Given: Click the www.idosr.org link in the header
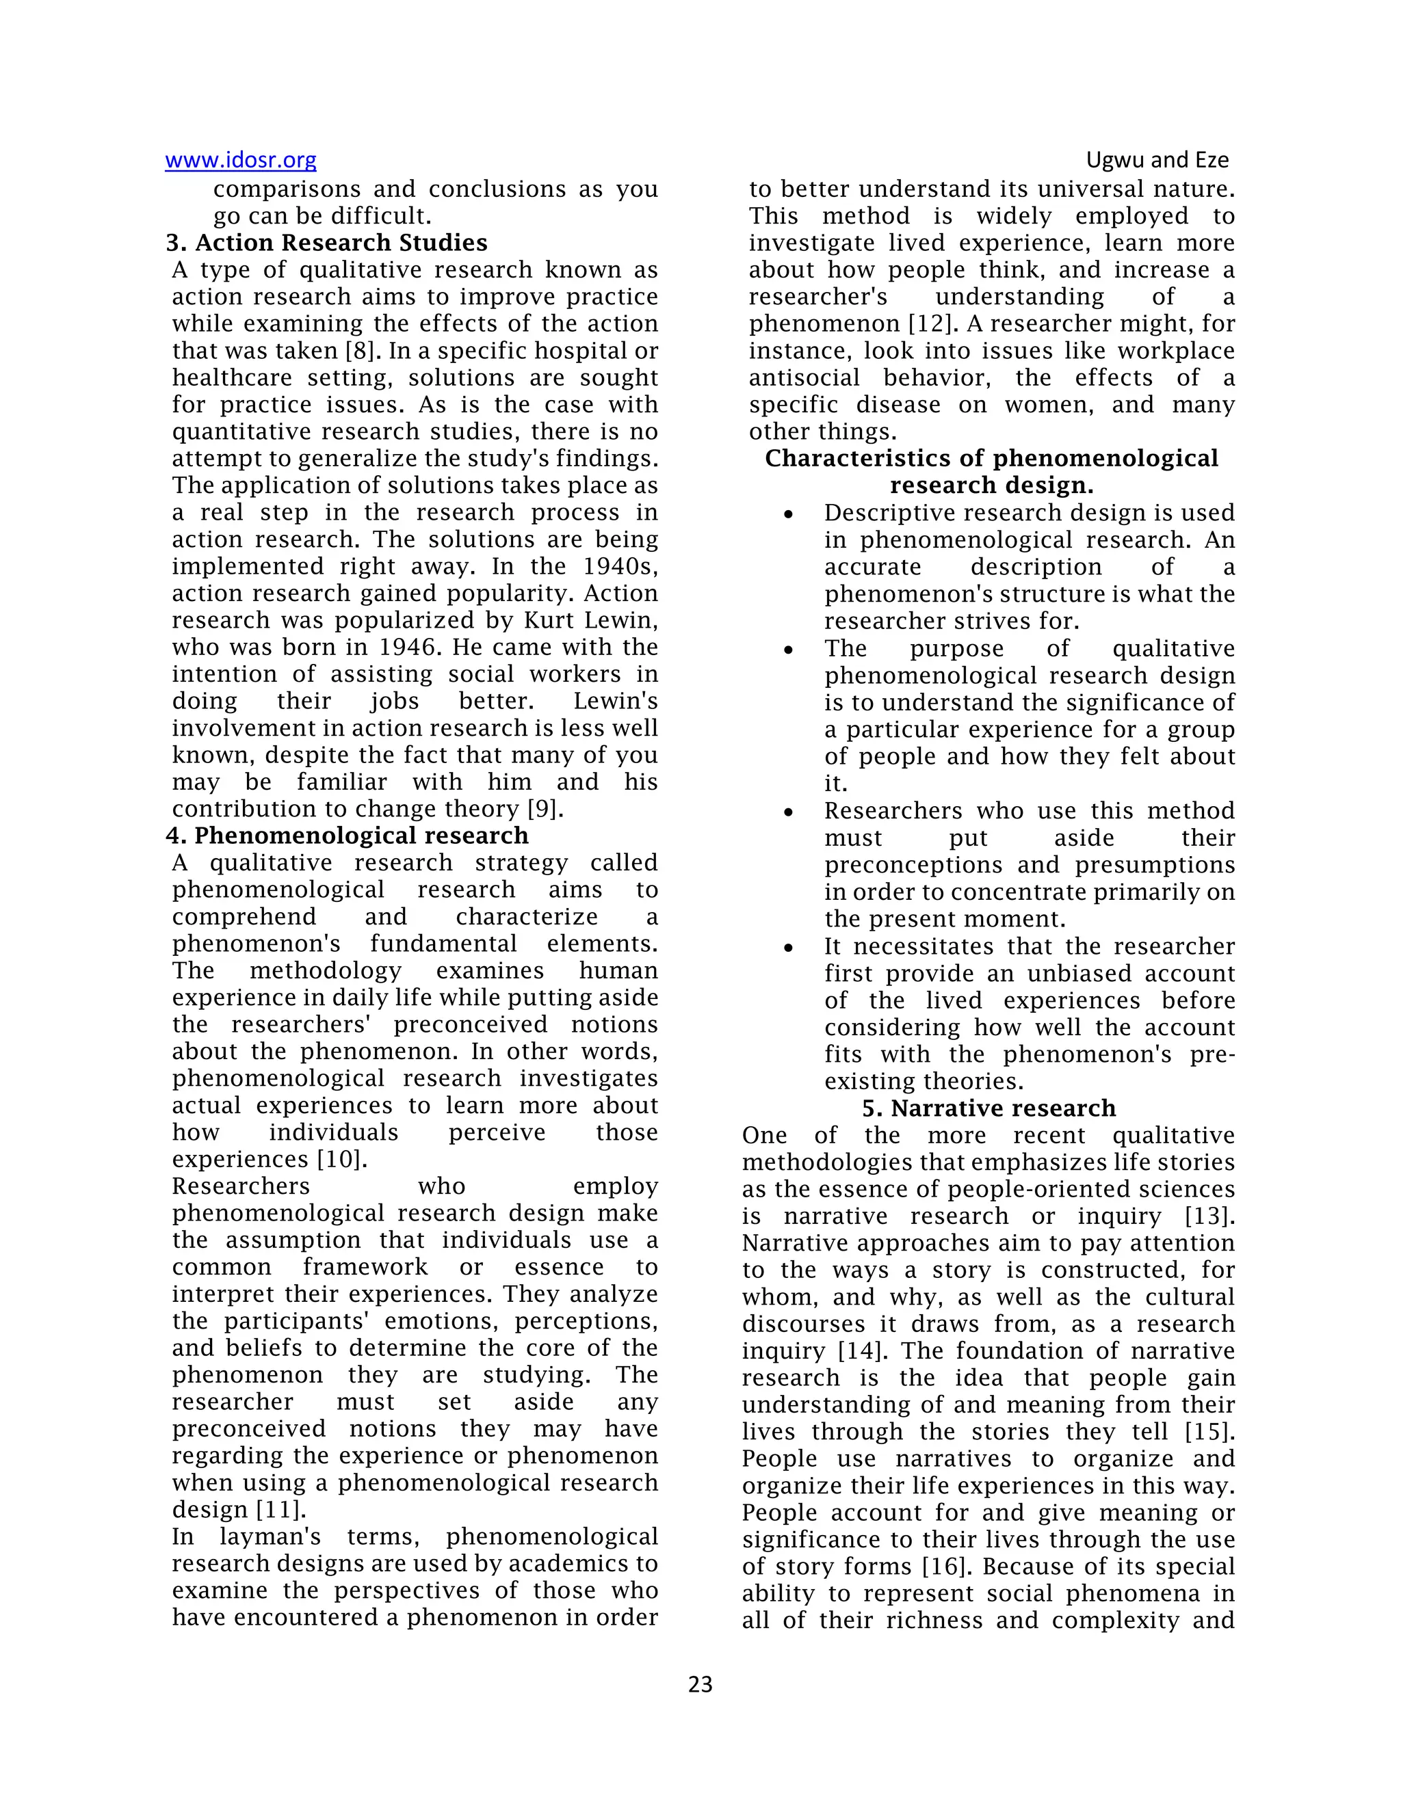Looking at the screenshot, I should tap(241, 159).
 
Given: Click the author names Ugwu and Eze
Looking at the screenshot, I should tap(1157, 159).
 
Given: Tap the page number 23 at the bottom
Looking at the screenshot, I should tap(700, 1684).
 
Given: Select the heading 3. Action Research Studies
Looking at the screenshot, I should tap(327, 243).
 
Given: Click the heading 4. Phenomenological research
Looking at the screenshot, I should tap(347, 836).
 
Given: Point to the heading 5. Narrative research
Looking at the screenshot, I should tap(988, 1108).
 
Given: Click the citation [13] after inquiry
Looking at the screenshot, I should tap(1209, 1216).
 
